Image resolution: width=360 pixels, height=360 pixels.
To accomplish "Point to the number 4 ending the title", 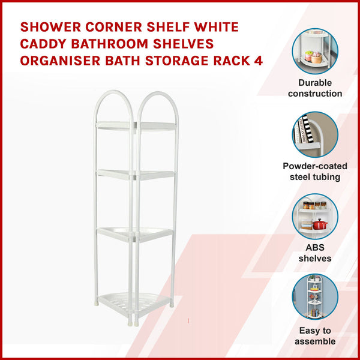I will tap(259, 62).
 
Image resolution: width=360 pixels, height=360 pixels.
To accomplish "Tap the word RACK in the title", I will tap(233, 62).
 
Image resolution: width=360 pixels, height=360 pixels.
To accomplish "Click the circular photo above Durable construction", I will tap(315, 51).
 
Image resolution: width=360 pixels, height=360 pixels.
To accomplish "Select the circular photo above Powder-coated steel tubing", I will tap(315, 134).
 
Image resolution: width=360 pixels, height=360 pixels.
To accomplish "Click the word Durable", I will tap(315, 83).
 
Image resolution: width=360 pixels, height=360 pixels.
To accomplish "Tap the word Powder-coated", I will tap(315, 166).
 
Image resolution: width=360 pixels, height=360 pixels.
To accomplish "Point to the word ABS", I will tap(315, 248).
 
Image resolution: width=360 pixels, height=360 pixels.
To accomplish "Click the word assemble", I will tap(315, 341).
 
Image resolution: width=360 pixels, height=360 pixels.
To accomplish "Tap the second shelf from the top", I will tap(137, 174).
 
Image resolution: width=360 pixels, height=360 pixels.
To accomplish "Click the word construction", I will tap(315, 94).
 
